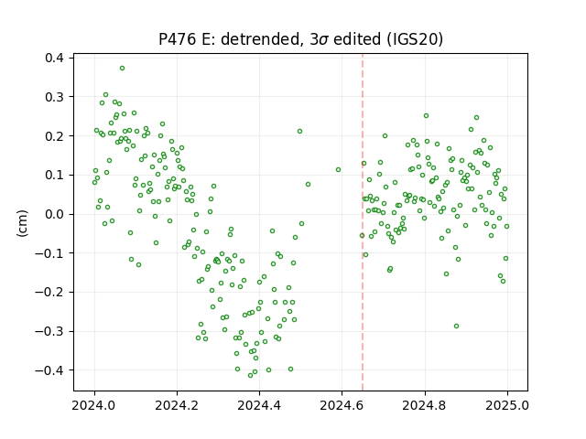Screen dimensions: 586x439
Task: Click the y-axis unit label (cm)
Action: point(22,223)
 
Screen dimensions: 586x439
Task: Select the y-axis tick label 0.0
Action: point(55,214)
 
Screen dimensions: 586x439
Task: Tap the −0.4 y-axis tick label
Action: point(49,370)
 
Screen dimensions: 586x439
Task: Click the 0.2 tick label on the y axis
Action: point(55,136)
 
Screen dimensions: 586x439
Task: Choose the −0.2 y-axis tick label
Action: point(49,293)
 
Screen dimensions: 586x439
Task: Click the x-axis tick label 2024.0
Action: point(93,405)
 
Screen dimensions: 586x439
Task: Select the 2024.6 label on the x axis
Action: point(342,405)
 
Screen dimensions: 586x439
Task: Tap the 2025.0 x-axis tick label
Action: point(506,405)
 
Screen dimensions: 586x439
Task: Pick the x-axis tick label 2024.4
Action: point(259,405)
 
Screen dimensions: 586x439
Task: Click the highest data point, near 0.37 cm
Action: point(122,69)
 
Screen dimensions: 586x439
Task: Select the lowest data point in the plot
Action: point(250,375)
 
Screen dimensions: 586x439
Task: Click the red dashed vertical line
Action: point(363,222)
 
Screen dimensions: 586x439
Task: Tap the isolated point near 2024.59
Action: point(338,170)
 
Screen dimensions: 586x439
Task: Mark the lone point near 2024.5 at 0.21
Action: point(299,132)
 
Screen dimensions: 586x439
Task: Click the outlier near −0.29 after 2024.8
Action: point(456,326)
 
